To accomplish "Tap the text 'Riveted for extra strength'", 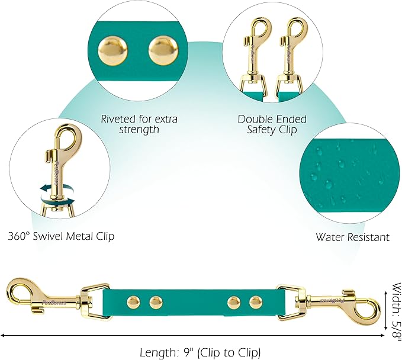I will coord(140,124).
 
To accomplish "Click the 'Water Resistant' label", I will coord(352,237).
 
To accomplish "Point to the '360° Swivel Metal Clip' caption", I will coord(61,236).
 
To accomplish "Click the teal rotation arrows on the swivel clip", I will coord(53,191).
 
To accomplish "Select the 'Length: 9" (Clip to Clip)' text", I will coord(200,352).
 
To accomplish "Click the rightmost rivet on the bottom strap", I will coord(255,303).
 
